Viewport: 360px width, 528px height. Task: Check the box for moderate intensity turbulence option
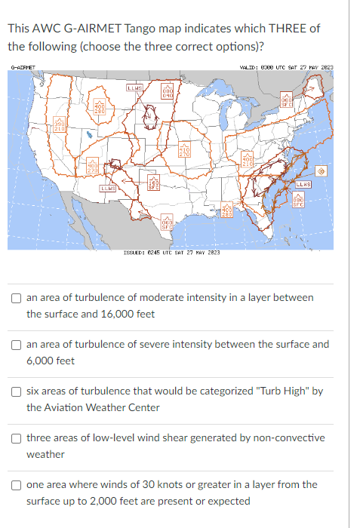(17, 299)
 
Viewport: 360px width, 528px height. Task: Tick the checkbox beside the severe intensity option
(17, 345)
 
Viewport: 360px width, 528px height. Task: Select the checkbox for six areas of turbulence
(17, 391)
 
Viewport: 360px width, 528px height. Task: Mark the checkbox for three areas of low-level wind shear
(17, 438)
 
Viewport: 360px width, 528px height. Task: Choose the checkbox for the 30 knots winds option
(17, 485)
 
